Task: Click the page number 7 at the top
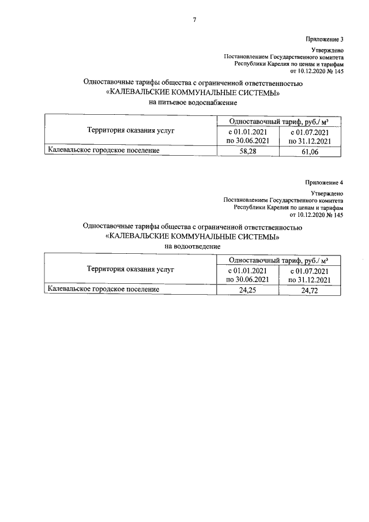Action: (194, 20)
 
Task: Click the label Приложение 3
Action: (324, 40)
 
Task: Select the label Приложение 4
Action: (324, 182)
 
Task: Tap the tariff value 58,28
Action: (247, 152)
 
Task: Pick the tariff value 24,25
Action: (247, 291)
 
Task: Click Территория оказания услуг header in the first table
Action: (130, 130)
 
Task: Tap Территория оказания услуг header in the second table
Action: (130, 269)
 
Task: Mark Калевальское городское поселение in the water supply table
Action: (104, 151)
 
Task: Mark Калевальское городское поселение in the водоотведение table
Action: (104, 290)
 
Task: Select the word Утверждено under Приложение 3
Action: (327, 51)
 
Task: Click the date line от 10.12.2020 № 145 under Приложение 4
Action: (314, 215)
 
